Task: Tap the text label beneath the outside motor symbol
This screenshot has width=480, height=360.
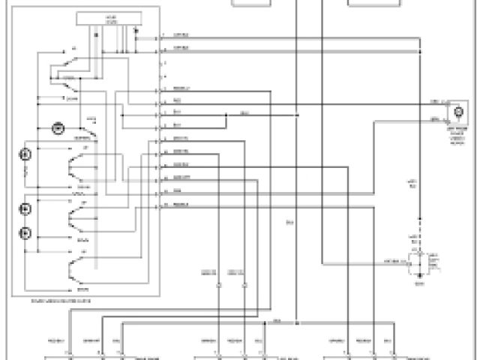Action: (457, 134)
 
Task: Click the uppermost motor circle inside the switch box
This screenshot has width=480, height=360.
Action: (57, 127)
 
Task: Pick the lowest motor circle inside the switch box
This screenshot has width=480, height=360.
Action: (26, 232)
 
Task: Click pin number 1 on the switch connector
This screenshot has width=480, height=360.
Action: (162, 35)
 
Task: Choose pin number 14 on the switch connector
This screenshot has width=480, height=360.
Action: (162, 203)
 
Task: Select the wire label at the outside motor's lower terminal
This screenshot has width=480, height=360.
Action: (435, 118)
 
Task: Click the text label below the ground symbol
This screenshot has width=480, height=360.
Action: (420, 284)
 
